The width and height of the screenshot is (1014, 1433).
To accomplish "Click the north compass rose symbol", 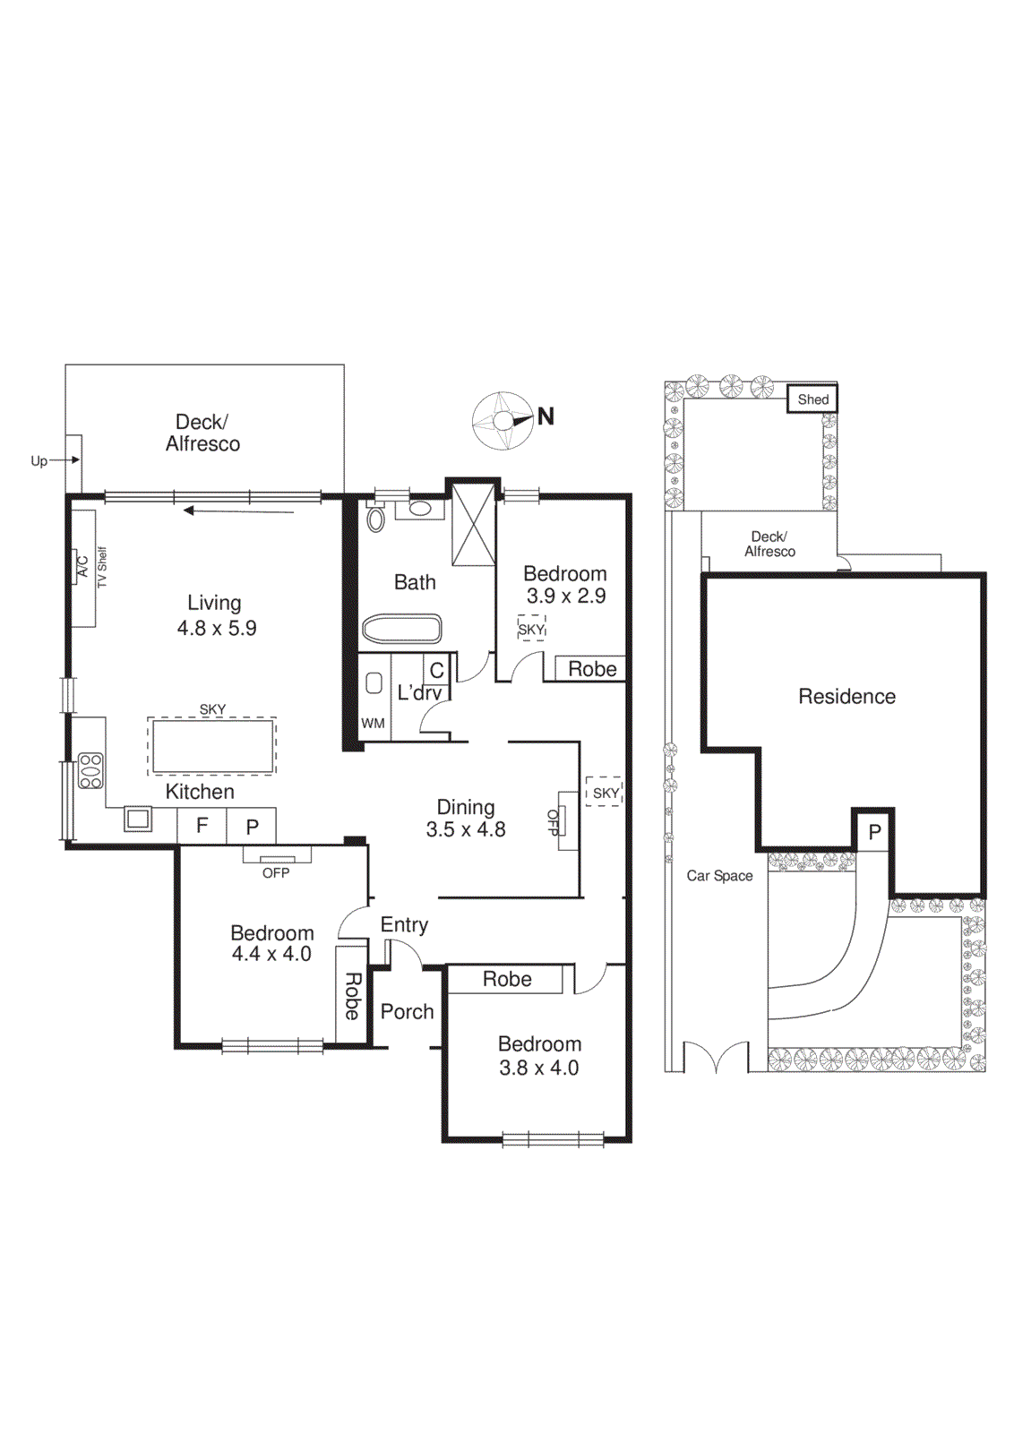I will click(503, 420).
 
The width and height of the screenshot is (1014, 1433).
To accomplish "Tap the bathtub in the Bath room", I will click(401, 629).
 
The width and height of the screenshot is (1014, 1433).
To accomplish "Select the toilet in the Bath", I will click(375, 519).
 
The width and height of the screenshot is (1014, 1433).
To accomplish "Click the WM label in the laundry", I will click(373, 724).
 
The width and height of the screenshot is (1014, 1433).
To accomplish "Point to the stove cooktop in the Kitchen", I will click(90, 771).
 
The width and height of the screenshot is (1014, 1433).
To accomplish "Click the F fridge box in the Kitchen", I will click(202, 826).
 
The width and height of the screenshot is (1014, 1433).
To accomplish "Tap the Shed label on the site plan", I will click(812, 399).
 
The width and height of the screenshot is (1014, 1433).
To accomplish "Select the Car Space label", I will click(719, 876).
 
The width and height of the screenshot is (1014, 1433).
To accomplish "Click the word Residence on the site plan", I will click(846, 696).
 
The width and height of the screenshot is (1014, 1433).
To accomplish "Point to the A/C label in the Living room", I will click(82, 567).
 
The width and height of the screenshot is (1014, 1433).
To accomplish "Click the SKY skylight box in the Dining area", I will click(605, 793).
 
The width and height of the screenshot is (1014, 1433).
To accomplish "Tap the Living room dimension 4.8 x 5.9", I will click(217, 629).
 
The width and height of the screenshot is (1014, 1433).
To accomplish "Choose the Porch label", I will click(407, 1012).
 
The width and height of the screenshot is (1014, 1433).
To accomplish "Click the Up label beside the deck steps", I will click(39, 461).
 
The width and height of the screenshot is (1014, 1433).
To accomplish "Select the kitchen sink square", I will click(138, 819).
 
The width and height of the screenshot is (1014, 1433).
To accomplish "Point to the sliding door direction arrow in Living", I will click(238, 511).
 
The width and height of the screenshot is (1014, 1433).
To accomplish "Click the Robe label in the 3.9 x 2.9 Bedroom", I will click(591, 669).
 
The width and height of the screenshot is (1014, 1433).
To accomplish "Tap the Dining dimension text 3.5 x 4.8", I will click(466, 830).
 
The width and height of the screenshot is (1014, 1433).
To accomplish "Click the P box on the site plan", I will click(874, 832).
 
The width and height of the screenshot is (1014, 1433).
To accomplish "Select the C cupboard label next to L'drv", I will click(436, 670).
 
